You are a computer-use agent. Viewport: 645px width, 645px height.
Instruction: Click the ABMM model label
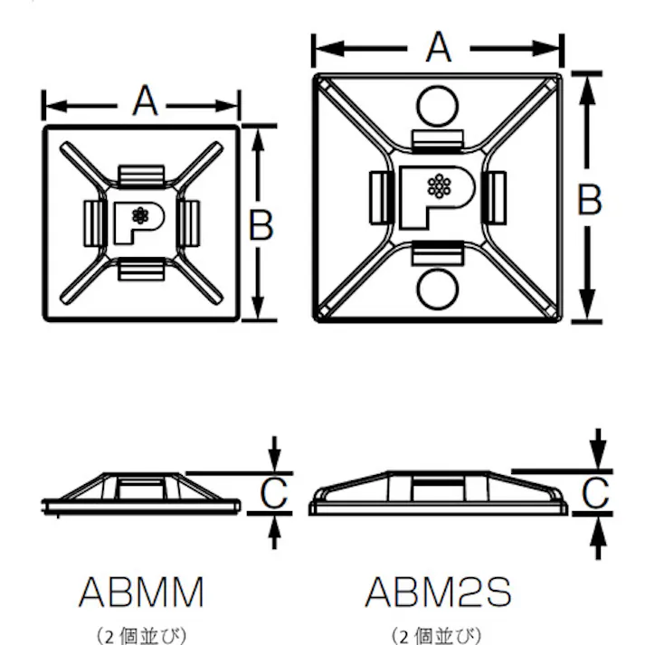141,592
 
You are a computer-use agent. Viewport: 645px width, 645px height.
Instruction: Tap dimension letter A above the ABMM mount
144,100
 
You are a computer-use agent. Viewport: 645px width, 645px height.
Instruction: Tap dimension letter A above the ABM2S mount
439,46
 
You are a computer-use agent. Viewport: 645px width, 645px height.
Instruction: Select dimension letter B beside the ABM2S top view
589,199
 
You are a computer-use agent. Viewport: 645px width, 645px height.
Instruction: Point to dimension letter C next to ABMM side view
273,493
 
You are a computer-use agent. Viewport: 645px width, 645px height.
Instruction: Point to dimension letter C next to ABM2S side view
594,493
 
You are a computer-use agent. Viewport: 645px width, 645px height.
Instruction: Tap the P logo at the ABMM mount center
138,220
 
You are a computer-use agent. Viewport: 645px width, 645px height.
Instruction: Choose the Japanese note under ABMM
141,635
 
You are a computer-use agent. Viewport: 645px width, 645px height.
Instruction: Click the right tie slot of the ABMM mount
188,220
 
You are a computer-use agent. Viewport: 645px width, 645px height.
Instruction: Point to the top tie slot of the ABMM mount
142,173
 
